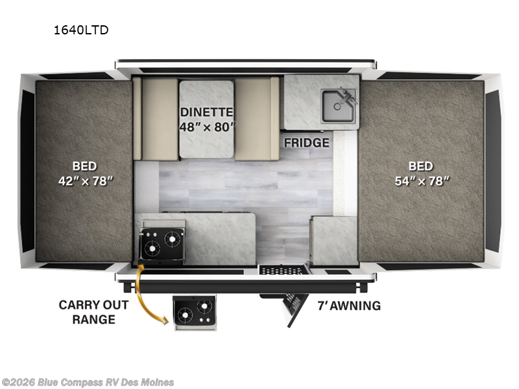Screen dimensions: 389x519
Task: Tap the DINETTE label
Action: point(207,110)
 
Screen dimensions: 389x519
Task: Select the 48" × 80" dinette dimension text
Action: point(207,126)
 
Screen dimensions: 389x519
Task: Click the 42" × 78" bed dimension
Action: point(85,181)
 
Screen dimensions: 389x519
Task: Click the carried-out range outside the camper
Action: point(195,311)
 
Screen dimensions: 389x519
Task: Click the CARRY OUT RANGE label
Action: point(94,312)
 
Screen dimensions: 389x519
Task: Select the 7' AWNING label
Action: point(349,305)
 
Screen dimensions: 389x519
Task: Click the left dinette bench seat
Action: point(156,118)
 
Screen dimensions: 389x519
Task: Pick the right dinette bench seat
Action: point(257,118)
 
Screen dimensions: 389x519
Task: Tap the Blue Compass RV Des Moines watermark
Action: point(88,382)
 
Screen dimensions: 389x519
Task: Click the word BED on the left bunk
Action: point(85,165)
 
